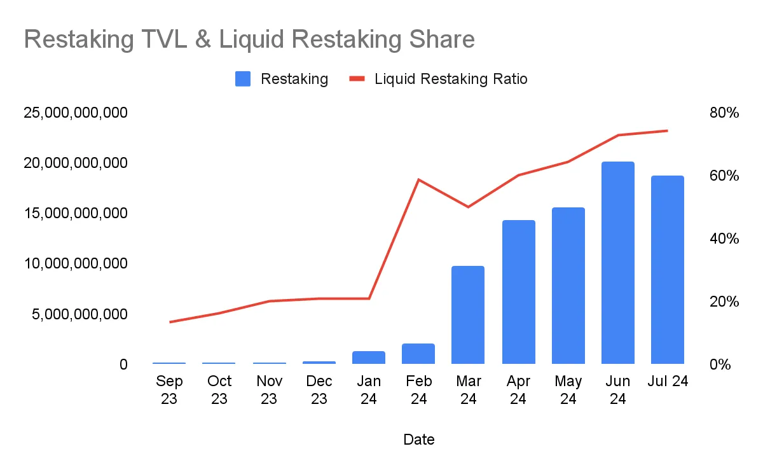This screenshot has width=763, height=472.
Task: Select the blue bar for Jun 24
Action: (x=617, y=263)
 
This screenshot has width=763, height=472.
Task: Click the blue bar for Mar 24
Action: (x=468, y=315)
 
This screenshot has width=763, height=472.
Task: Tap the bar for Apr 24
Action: (x=518, y=292)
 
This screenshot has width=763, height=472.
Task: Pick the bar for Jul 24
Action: (x=667, y=270)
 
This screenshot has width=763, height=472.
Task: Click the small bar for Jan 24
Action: (x=369, y=357)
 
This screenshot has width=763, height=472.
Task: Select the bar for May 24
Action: (x=568, y=286)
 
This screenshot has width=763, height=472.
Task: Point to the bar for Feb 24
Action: (x=418, y=354)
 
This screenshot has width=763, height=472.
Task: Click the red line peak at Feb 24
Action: (x=418, y=179)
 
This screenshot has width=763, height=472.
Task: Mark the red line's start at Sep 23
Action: (x=170, y=322)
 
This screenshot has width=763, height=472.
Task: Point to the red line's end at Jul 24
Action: (x=667, y=131)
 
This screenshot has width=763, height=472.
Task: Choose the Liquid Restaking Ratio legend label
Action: (x=451, y=79)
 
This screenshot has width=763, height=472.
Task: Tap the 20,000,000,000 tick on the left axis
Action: (x=76, y=163)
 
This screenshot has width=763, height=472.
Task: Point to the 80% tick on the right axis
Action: (x=724, y=113)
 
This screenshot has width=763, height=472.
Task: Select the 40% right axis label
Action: (x=724, y=239)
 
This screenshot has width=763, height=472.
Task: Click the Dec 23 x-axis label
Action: (x=319, y=389)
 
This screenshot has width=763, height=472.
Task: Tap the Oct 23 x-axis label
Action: (x=219, y=389)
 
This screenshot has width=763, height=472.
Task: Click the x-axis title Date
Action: (x=419, y=439)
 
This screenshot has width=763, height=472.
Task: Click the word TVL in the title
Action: (x=175, y=39)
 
